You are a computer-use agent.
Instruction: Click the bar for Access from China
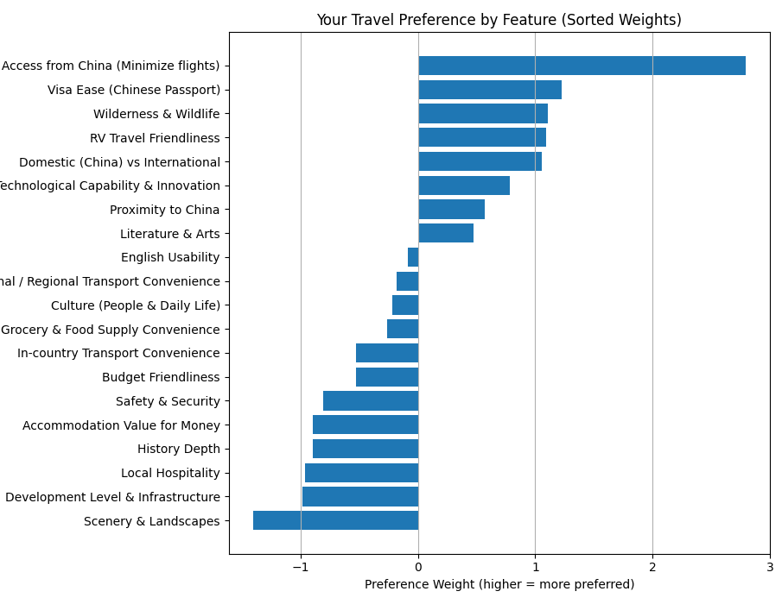[582, 66]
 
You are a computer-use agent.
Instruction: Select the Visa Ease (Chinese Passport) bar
[489, 90]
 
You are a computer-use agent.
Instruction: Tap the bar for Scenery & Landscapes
[335, 520]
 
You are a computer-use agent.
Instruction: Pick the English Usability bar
[413, 257]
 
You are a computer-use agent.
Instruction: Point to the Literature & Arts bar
[445, 233]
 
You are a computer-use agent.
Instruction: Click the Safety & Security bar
[371, 401]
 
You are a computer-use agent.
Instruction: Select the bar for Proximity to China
[451, 210]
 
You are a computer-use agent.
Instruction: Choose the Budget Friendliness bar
[387, 377]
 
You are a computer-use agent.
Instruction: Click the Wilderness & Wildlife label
[156, 114]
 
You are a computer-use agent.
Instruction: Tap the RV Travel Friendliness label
[155, 138]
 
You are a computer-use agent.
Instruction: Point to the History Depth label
[179, 449]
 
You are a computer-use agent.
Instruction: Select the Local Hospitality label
[170, 473]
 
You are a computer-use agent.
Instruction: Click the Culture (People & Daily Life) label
[136, 305]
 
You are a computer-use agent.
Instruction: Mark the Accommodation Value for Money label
[121, 425]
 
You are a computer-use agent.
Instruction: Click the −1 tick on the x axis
[301, 567]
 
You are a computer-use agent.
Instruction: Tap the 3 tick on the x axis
[770, 567]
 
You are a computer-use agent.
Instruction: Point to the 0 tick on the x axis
[418, 567]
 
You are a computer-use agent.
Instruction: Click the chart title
[499, 20]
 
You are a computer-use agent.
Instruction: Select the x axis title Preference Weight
[499, 585]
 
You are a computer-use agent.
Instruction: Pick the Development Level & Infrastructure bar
[360, 497]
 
